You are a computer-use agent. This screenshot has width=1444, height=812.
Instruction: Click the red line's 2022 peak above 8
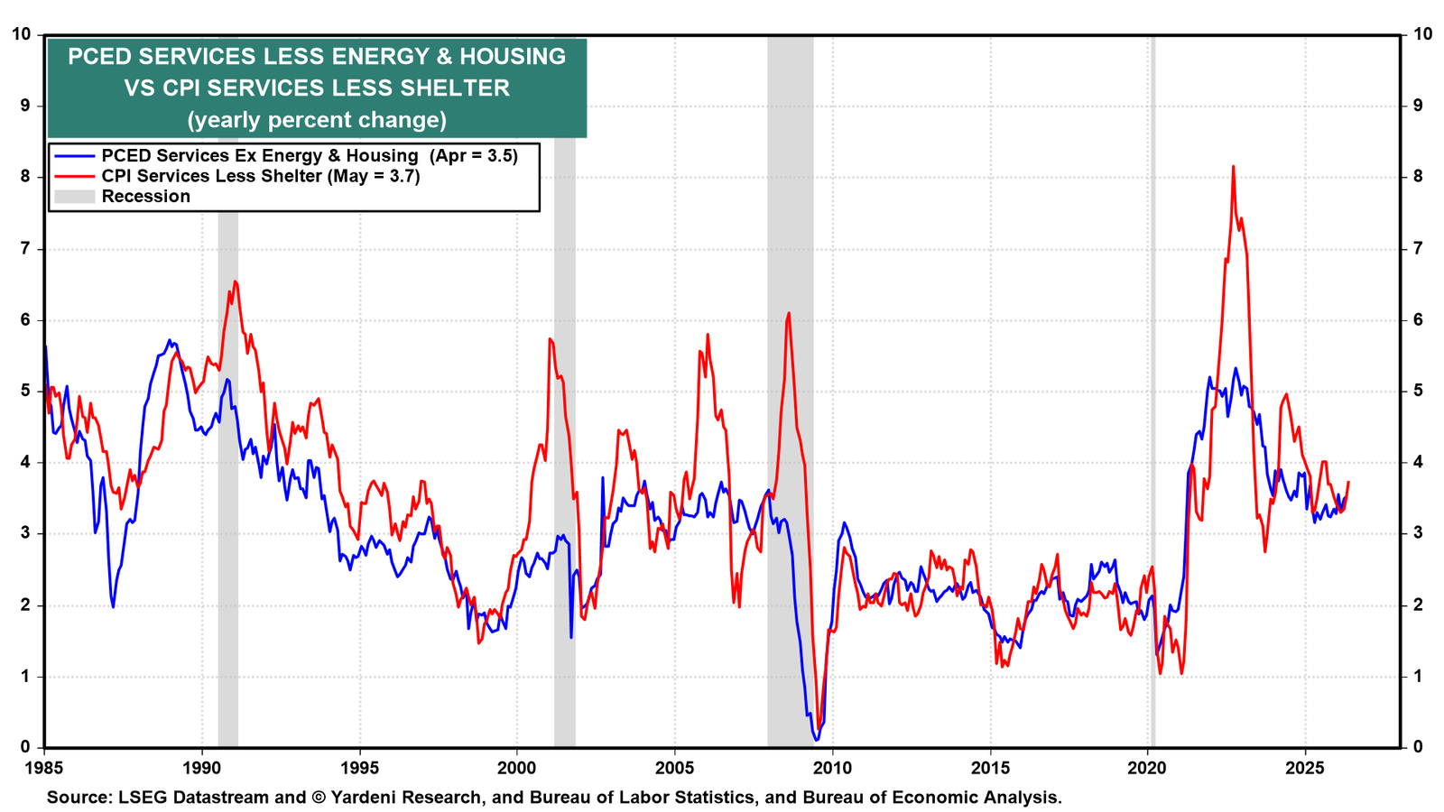click(1233, 166)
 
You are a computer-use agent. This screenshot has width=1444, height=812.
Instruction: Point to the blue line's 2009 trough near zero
click(817, 740)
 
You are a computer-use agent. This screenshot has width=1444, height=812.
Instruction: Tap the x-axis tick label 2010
click(832, 768)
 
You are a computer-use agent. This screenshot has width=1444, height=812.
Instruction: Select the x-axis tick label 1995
click(360, 768)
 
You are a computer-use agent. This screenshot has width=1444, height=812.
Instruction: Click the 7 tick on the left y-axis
click(25, 248)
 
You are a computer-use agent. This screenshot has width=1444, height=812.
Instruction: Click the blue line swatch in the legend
click(75, 156)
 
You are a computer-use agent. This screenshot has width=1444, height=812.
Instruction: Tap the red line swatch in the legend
click(75, 176)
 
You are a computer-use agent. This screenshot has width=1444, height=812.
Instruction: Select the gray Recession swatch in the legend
click(75, 197)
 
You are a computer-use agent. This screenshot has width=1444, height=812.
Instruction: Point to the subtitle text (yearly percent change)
click(317, 120)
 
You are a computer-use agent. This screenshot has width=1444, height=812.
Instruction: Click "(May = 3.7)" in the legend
click(374, 176)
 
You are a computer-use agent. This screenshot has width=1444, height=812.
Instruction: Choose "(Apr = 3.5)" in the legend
click(474, 156)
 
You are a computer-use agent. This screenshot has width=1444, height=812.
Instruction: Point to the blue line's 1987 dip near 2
click(114, 605)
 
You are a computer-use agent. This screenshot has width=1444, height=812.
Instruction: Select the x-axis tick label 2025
click(1305, 768)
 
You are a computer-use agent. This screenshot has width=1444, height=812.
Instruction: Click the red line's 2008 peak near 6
click(789, 313)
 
